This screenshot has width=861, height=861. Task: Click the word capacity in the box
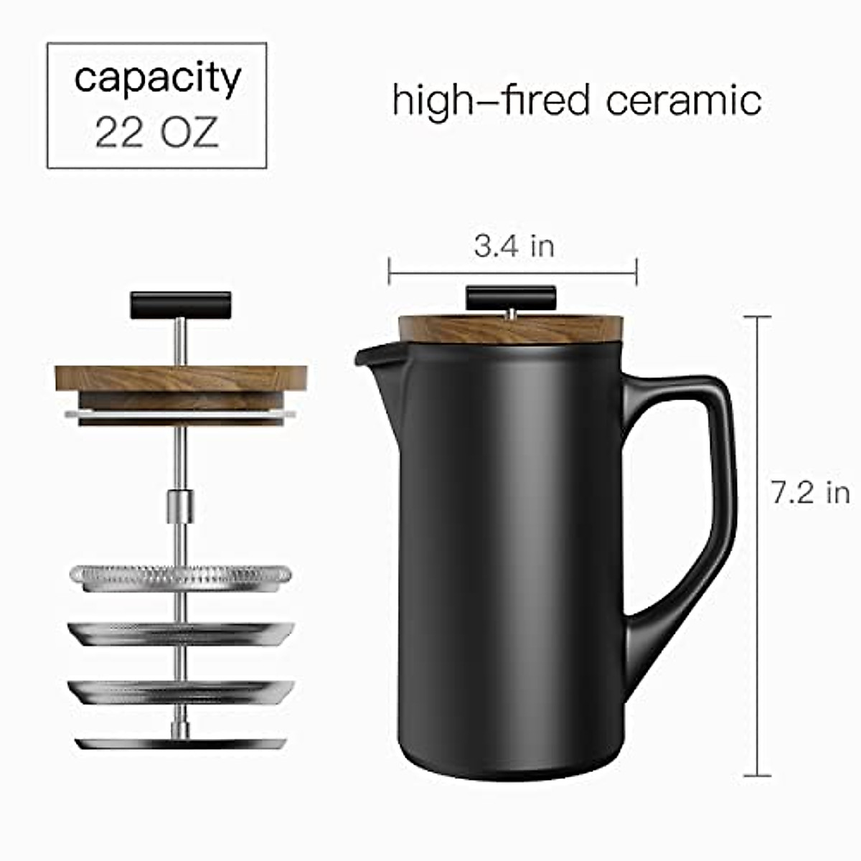tap(157, 78)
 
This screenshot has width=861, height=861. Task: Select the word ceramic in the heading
tap(683, 100)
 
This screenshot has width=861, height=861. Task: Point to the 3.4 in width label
tap(514, 246)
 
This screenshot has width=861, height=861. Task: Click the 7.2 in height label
tap(810, 493)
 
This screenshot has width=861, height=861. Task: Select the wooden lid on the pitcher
tap(512, 329)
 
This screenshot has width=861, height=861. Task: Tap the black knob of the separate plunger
tap(180, 304)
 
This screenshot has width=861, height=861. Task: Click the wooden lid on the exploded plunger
tap(181, 379)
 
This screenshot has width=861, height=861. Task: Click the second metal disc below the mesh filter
tap(181, 634)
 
